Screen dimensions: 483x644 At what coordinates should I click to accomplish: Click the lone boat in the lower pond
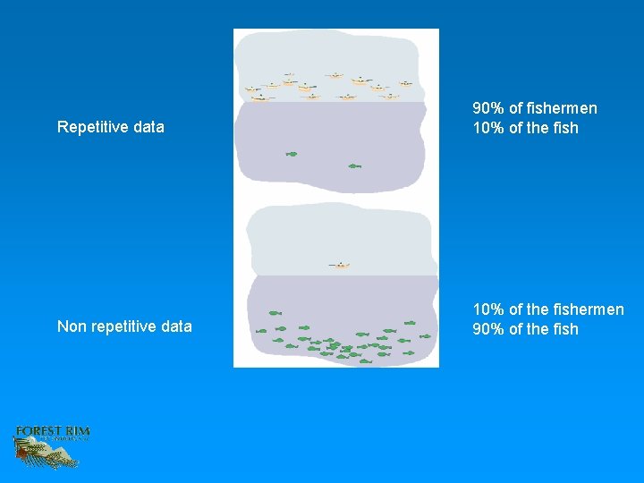pyautogui.click(x=340, y=265)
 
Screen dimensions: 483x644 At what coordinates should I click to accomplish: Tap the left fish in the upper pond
pyautogui.click(x=291, y=154)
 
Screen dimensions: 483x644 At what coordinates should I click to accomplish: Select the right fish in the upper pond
pyautogui.click(x=354, y=165)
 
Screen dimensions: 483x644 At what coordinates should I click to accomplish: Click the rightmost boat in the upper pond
pyautogui.click(x=406, y=83)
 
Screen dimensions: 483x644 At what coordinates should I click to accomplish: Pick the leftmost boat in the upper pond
pyautogui.click(x=252, y=89)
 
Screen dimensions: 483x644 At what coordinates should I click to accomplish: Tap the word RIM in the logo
pyautogui.click(x=78, y=432)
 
